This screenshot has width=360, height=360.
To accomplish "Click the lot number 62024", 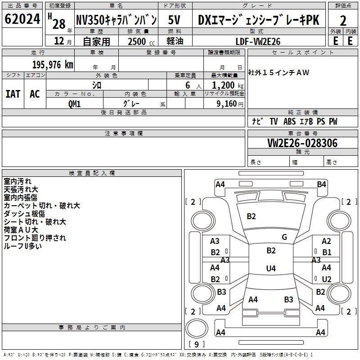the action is point(22,19).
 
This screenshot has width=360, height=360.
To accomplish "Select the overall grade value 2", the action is point(343,21).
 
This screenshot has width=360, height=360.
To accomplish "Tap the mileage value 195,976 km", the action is point(53,65).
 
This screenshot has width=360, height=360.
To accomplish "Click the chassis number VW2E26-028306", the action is point(302,143).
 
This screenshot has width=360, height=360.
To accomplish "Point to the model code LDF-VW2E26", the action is point(258,41).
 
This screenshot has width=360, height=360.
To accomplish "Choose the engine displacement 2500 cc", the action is point(141,41).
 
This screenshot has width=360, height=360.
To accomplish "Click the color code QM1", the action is point(74,104).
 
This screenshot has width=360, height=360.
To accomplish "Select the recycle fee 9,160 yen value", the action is point(229,104).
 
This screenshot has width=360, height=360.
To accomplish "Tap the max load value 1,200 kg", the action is point(227,85).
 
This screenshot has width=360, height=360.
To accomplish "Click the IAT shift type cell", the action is point(13,94).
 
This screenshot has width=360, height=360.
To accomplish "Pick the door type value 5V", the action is point(174,20).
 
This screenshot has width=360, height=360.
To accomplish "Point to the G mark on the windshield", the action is point(284,237).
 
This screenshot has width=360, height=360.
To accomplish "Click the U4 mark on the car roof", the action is point(271,268).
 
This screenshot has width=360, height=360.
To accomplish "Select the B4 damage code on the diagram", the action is point(321,184).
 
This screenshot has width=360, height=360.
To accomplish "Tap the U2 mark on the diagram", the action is point(327,279).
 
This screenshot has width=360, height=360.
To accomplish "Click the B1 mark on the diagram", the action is point(327,252).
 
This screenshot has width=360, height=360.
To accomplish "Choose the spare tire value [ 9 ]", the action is point(197,344).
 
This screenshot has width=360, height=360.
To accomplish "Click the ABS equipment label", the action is point(289,121).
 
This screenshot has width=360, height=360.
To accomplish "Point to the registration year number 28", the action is point(59,24).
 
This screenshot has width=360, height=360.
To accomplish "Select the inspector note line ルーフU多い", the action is point(23,246).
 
